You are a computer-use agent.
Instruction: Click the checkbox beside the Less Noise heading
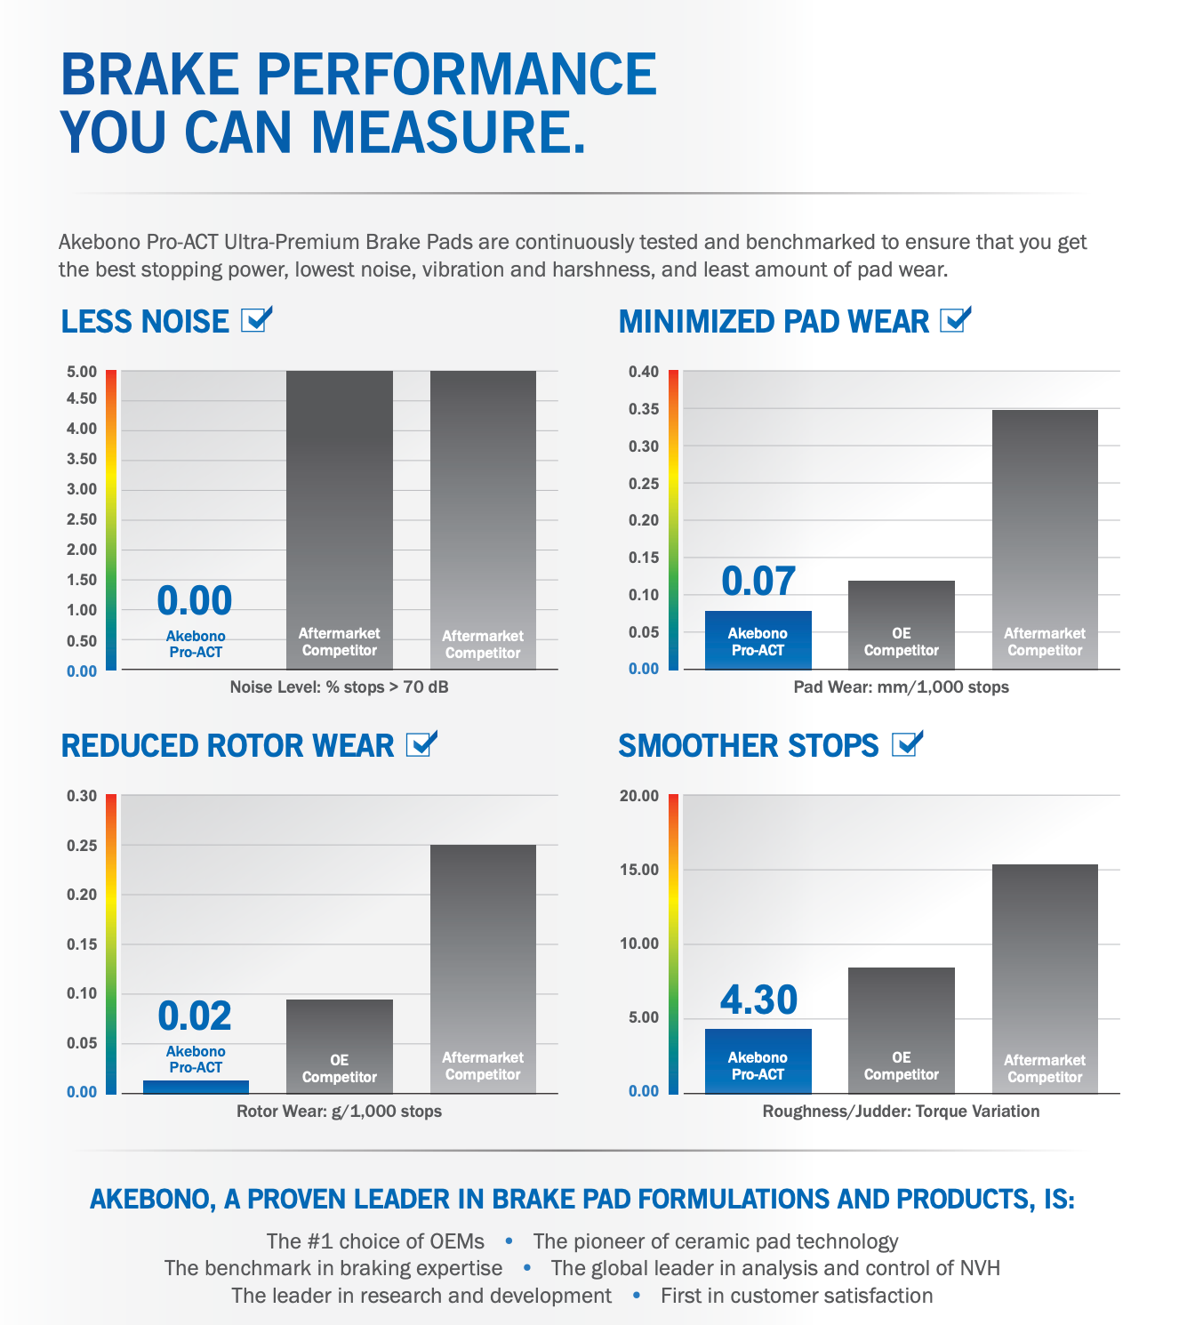pyautogui.click(x=256, y=320)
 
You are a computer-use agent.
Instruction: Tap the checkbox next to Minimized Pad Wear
pyautogui.click(x=954, y=320)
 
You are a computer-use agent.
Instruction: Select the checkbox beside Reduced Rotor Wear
pyautogui.click(x=421, y=744)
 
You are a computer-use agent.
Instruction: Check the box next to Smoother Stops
pyautogui.click(x=906, y=744)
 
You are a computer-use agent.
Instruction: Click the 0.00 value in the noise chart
pyautogui.click(x=195, y=601)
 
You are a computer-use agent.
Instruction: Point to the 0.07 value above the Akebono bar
pyautogui.click(x=758, y=582)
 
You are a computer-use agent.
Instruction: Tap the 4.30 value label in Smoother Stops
pyautogui.click(x=758, y=1000)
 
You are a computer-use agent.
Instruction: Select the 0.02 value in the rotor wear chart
pyautogui.click(x=195, y=1016)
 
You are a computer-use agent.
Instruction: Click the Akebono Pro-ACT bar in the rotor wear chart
pyautogui.click(x=196, y=1087)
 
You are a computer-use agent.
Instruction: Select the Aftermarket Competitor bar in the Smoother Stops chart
pyautogui.click(x=1045, y=978)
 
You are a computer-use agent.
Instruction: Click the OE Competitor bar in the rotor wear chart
pyautogui.click(x=339, y=1046)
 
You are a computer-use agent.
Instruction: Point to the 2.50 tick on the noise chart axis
pyautogui.click(x=82, y=519)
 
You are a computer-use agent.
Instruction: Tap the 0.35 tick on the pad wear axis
pyautogui.click(x=644, y=409)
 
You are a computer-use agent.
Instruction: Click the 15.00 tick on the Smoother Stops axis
pyautogui.click(x=639, y=870)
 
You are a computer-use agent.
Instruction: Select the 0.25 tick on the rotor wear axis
pyautogui.click(x=82, y=845)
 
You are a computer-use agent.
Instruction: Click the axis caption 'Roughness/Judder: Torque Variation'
pyautogui.click(x=901, y=1111)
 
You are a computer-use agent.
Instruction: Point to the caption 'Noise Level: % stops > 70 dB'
pyautogui.click(x=339, y=687)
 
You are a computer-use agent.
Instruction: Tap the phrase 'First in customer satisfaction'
pyautogui.click(x=797, y=1296)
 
